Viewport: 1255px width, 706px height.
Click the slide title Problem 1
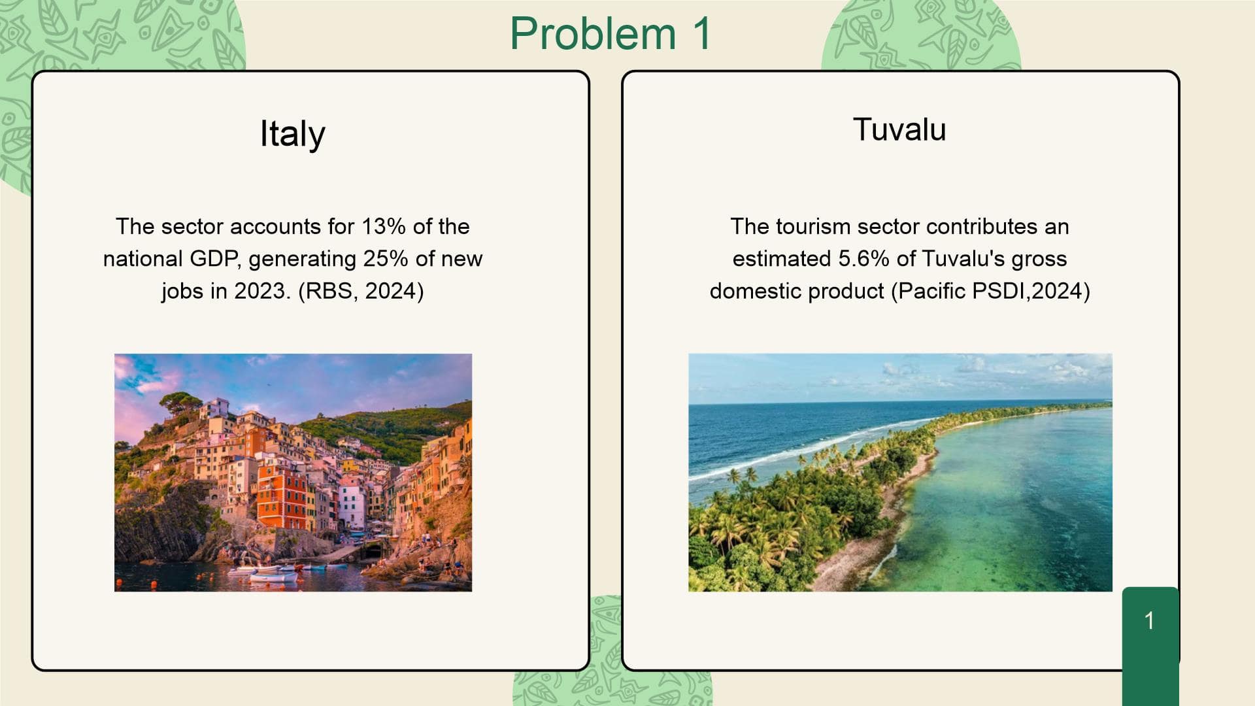611,33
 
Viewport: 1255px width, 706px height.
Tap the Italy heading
293,135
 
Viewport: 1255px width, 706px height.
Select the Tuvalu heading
899,129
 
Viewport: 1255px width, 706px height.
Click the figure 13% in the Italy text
384,226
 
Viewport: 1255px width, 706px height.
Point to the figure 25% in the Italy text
386,258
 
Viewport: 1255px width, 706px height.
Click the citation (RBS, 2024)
361,291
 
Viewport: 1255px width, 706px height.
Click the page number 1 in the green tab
1149,620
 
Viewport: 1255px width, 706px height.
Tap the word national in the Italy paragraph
143,258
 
